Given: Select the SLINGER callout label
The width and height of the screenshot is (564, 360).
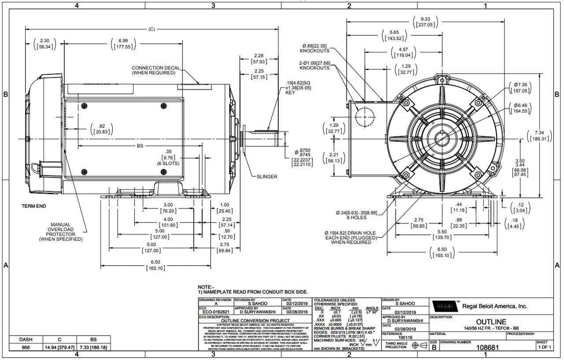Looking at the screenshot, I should coord(267,177).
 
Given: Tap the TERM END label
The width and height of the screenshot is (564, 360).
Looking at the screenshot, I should coord(34,206).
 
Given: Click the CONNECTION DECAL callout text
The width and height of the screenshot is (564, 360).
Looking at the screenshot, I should coord(153,70).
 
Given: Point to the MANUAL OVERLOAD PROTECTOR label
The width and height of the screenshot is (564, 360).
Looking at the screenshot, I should coord(60,232).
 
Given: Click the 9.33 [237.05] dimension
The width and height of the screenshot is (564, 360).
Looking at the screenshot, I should coord(426,22).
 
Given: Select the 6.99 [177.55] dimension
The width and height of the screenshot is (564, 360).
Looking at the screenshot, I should coord(123,44).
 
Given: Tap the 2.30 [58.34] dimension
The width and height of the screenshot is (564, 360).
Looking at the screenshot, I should coord(45,44).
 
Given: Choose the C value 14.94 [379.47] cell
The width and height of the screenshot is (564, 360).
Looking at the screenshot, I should coord(59,347).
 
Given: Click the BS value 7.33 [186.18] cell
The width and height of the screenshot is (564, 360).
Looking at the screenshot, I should coord(93,347).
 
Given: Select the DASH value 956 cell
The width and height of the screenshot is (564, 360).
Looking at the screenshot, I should coord(26,347).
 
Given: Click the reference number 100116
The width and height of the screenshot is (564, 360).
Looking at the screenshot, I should coord(405,338).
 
